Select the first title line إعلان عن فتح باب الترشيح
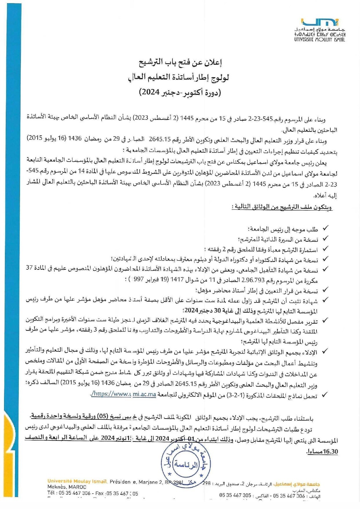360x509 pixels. coord(180,62)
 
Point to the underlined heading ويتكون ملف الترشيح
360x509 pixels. coord(282,207)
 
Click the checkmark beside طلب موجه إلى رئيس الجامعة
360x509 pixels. coord(326,229)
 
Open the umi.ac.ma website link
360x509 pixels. coord(124,394)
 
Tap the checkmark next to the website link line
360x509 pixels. coord(326,395)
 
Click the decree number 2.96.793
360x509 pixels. coord(249,280)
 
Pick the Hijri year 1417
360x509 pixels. coord(177,280)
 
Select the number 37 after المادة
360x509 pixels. coord(29,268)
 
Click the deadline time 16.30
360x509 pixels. coord(330,452)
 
